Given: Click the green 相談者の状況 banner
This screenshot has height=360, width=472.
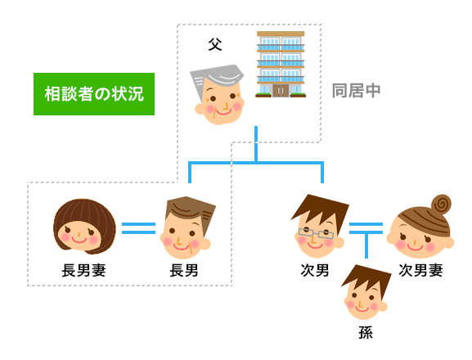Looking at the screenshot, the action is pyautogui.click(x=94, y=94).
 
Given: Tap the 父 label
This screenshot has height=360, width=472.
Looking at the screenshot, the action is pyautogui.click(x=215, y=45).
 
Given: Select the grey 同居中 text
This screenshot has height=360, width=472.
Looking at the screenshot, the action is pyautogui.click(x=356, y=91).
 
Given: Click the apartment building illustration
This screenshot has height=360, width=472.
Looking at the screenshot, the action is pyautogui.click(x=281, y=64).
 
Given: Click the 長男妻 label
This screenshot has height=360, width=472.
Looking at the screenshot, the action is pyautogui.click(x=83, y=270).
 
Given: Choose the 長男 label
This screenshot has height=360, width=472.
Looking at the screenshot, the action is pyautogui.click(x=183, y=270).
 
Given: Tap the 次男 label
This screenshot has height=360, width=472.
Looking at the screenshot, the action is pyautogui.click(x=315, y=270).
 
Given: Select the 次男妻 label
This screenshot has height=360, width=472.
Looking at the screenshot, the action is pyautogui.click(x=420, y=270).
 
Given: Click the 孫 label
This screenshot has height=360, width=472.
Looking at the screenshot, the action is pyautogui.click(x=366, y=332).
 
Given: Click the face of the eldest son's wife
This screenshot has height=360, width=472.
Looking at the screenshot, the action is pyautogui.click(x=84, y=227).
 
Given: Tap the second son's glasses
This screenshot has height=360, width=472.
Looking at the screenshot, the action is pyautogui.click(x=316, y=233).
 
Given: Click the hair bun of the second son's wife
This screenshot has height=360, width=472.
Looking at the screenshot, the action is pyautogui.click(x=441, y=204).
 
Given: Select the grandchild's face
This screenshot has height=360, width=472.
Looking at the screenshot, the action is pyautogui.click(x=366, y=293).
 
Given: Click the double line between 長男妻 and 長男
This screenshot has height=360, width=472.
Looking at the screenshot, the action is pyautogui.click(x=138, y=228).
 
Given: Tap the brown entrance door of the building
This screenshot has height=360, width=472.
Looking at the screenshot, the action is pyautogui.click(x=281, y=90).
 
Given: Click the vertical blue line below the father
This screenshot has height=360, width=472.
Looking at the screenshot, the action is pyautogui.click(x=256, y=144).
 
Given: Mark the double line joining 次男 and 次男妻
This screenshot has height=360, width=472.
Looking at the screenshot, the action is pyautogui.click(x=366, y=228).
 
